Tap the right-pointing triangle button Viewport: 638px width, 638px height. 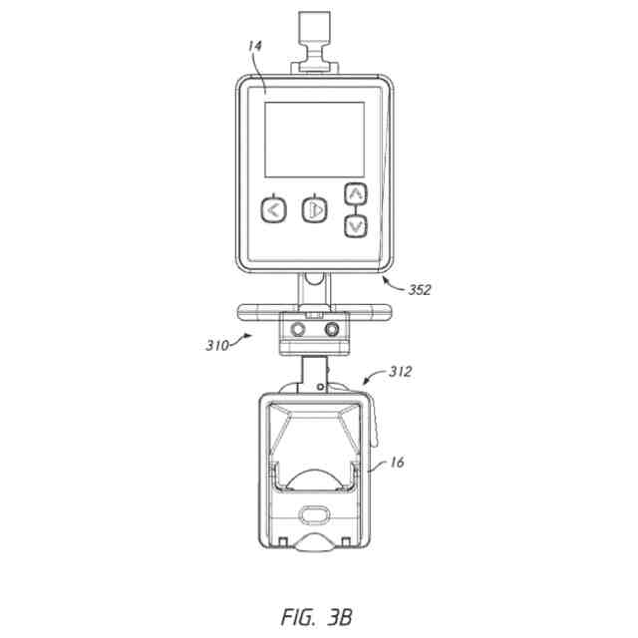pyautogui.click(x=314, y=210)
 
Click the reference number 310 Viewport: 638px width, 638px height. pyautogui.click(x=216, y=346)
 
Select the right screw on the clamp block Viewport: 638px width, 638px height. pyautogui.click(x=332, y=328)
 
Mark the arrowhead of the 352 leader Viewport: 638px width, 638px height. pyautogui.click(x=383, y=281)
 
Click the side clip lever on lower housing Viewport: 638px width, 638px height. pyautogui.click(x=377, y=419)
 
